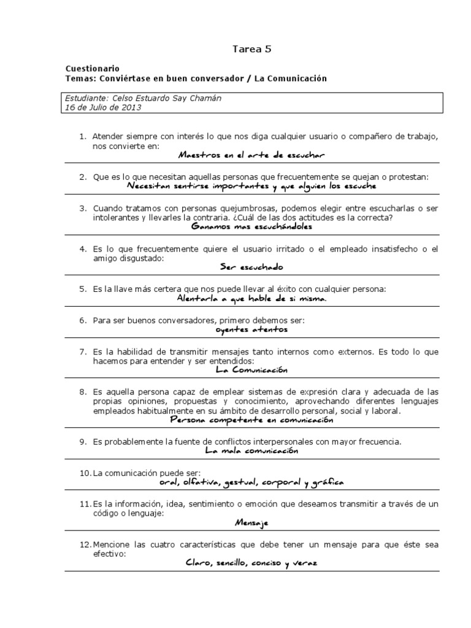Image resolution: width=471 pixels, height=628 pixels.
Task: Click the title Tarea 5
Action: pos(251,50)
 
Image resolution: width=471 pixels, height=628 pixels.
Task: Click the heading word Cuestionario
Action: pos(92,69)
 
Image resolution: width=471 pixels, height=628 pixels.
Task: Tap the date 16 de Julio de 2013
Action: pos(103,107)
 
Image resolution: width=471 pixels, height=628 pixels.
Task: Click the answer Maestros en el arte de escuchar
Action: pos(251,156)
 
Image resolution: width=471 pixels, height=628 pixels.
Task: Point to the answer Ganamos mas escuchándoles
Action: pos(251,226)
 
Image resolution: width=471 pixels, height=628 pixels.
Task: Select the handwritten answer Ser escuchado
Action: pos(251,267)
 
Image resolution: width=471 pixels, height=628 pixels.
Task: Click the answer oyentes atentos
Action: pos(251,329)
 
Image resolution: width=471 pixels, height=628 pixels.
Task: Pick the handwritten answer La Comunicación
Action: pos(251,370)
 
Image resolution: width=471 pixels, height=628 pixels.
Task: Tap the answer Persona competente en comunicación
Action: pos(251,421)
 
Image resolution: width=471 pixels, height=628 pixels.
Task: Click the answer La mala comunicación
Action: pos(251,451)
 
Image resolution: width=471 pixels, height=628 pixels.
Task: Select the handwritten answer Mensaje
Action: pos(251,523)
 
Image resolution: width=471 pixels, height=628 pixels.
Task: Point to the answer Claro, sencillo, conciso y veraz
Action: pos(251,563)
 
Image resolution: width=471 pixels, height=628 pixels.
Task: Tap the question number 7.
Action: pos(83,352)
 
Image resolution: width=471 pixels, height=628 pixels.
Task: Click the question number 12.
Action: pos(85,545)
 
